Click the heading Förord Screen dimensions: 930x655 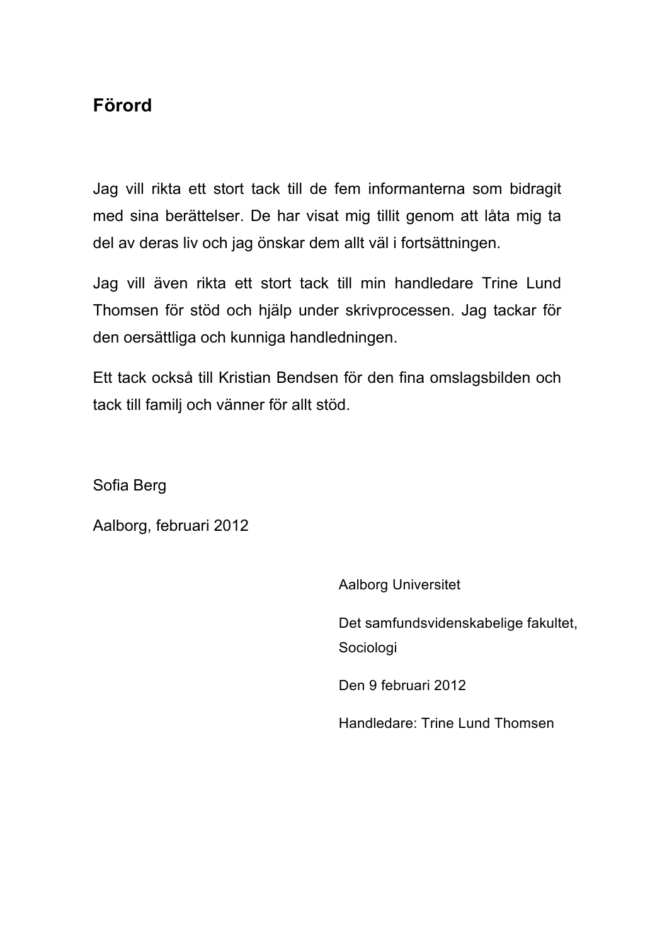(x=122, y=105)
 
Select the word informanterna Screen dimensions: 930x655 (x=416, y=189)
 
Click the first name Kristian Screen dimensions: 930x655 (x=244, y=378)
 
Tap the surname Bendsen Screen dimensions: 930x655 (x=307, y=378)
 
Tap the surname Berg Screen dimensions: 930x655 (x=149, y=485)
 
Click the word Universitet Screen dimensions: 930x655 (x=426, y=585)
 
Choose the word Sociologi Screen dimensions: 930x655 (x=368, y=648)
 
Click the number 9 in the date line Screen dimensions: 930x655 (x=373, y=686)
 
